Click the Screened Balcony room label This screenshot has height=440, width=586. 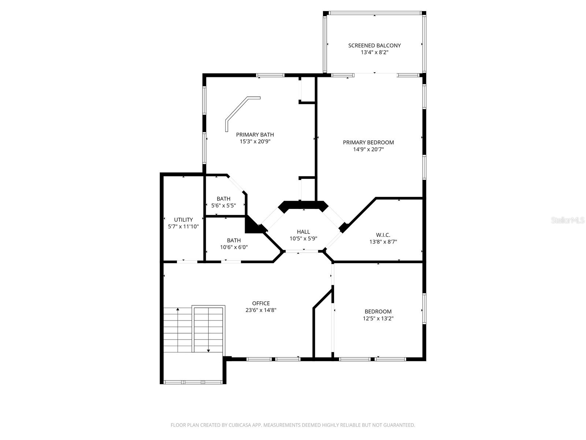[374, 46]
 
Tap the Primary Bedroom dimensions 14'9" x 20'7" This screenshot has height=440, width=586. [368, 149]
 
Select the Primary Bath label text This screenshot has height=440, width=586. [255, 135]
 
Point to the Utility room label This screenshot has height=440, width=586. [183, 220]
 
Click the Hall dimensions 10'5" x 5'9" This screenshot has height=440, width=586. [303, 239]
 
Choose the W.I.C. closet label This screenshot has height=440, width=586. [383, 235]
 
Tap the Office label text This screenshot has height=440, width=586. [261, 303]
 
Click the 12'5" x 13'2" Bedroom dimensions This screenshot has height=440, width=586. [378, 318]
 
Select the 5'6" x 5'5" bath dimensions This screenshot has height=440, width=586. [223, 206]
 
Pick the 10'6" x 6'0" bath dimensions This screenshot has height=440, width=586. [234, 247]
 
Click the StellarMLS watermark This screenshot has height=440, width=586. [568, 220]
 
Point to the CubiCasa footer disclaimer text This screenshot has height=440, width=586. [293, 425]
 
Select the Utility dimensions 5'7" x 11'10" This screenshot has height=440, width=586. [183, 227]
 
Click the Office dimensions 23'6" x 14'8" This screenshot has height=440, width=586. [261, 310]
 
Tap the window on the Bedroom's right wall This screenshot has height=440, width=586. [424, 309]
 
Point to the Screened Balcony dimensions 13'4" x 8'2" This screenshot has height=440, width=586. [374, 52]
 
